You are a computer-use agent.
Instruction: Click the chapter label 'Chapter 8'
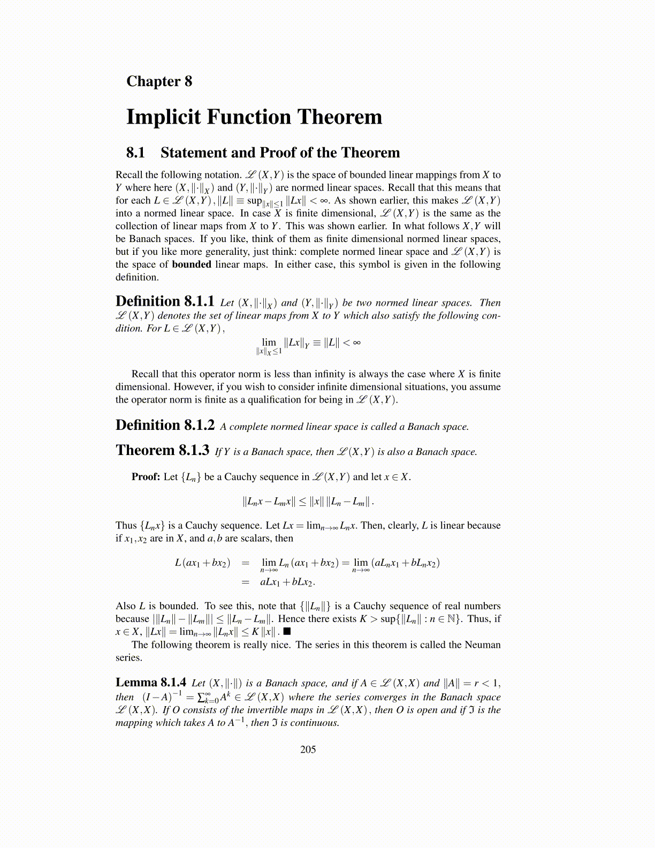(x=159, y=81)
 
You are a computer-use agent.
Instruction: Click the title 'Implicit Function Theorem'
(x=254, y=117)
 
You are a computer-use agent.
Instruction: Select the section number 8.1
(x=135, y=153)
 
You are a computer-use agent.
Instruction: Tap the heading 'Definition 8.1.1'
(x=165, y=301)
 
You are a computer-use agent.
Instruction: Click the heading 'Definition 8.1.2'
(x=165, y=426)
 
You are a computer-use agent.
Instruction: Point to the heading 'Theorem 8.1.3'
(x=162, y=451)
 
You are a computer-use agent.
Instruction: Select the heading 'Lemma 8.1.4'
(x=151, y=683)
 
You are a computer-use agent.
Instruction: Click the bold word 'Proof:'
(x=146, y=477)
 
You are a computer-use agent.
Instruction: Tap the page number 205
(x=308, y=749)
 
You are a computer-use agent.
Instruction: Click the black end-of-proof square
(x=287, y=632)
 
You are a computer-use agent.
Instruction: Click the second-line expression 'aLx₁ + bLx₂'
(x=287, y=582)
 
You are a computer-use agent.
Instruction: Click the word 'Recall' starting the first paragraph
(x=129, y=175)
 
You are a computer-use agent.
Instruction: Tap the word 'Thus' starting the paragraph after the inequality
(x=126, y=525)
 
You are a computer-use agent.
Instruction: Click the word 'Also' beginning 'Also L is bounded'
(x=126, y=606)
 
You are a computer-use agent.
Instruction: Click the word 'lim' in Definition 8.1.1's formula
(x=269, y=342)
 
